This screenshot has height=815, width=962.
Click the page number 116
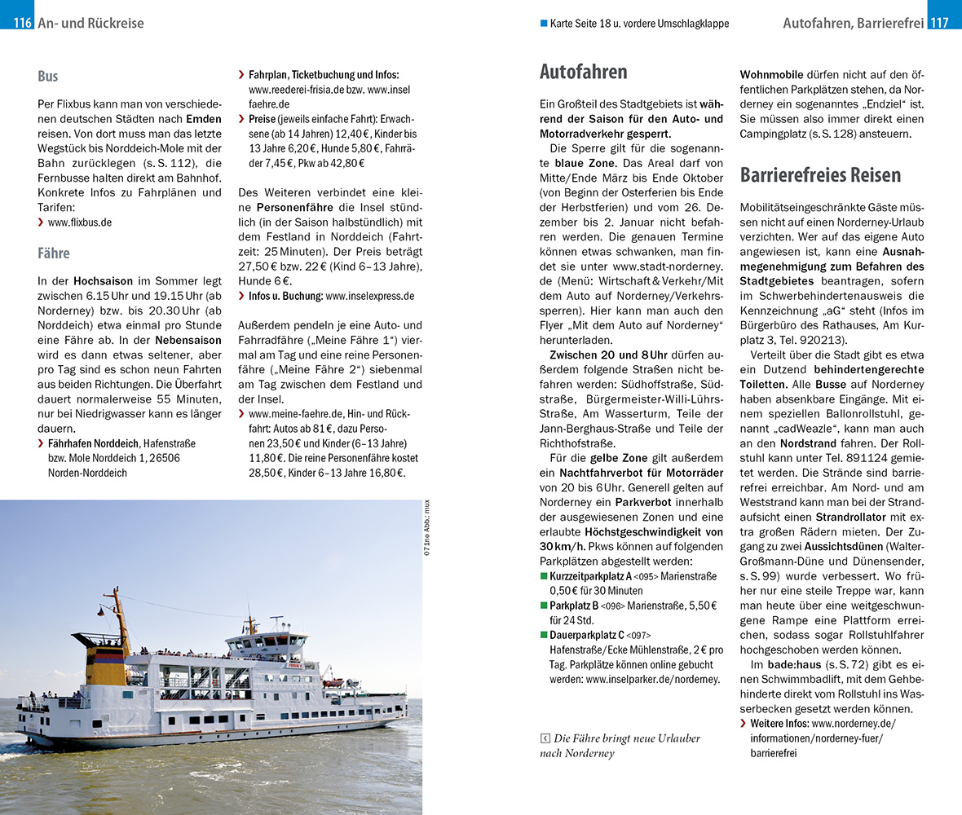(x=22, y=23)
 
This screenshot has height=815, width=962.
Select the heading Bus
(x=48, y=77)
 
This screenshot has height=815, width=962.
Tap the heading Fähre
(x=54, y=253)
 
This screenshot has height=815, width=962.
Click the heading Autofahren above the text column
(x=584, y=72)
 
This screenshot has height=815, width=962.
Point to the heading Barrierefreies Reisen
(x=820, y=174)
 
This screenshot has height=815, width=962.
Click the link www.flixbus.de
(x=80, y=222)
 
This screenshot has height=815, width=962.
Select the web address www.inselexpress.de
(x=369, y=296)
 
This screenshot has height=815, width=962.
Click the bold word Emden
(x=204, y=119)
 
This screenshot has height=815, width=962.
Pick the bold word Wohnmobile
(x=771, y=73)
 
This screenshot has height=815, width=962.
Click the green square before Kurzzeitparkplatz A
(x=544, y=576)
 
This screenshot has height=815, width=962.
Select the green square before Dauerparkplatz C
(x=544, y=635)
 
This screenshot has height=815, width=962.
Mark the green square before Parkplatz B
(x=544, y=606)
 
